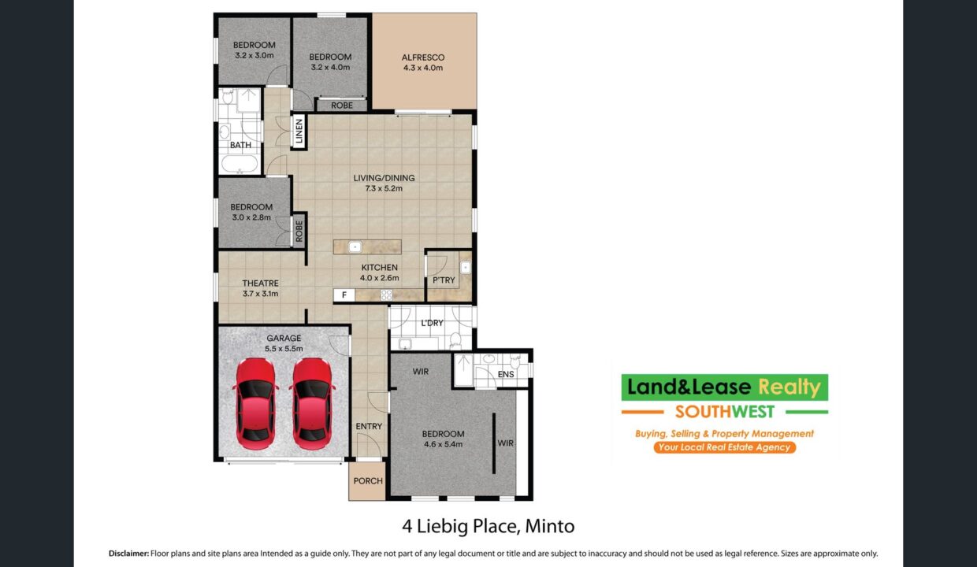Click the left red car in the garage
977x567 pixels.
coord(255,404)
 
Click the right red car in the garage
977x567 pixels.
coord(312,404)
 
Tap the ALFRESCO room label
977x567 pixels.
coord(423,57)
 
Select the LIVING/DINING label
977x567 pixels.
coord(384,178)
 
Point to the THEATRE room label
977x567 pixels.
coord(260,283)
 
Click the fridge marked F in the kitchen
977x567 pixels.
coord(344,295)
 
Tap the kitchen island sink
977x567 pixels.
coord(355,247)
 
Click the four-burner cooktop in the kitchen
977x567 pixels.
coord(386,295)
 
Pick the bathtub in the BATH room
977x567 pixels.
coord(240,165)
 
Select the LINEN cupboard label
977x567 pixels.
coord(299,132)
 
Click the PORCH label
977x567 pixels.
coord(368,480)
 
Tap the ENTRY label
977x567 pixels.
coord(369,426)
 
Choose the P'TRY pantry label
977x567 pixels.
coord(444,280)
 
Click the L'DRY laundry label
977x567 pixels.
coord(432,323)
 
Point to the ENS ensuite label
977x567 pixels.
coord(506,374)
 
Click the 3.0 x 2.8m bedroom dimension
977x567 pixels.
coord(251,217)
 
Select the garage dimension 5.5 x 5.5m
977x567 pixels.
coord(284,349)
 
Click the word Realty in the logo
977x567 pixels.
coord(790,387)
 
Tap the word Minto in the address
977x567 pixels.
coord(550,526)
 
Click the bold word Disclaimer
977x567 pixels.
coord(128,554)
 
